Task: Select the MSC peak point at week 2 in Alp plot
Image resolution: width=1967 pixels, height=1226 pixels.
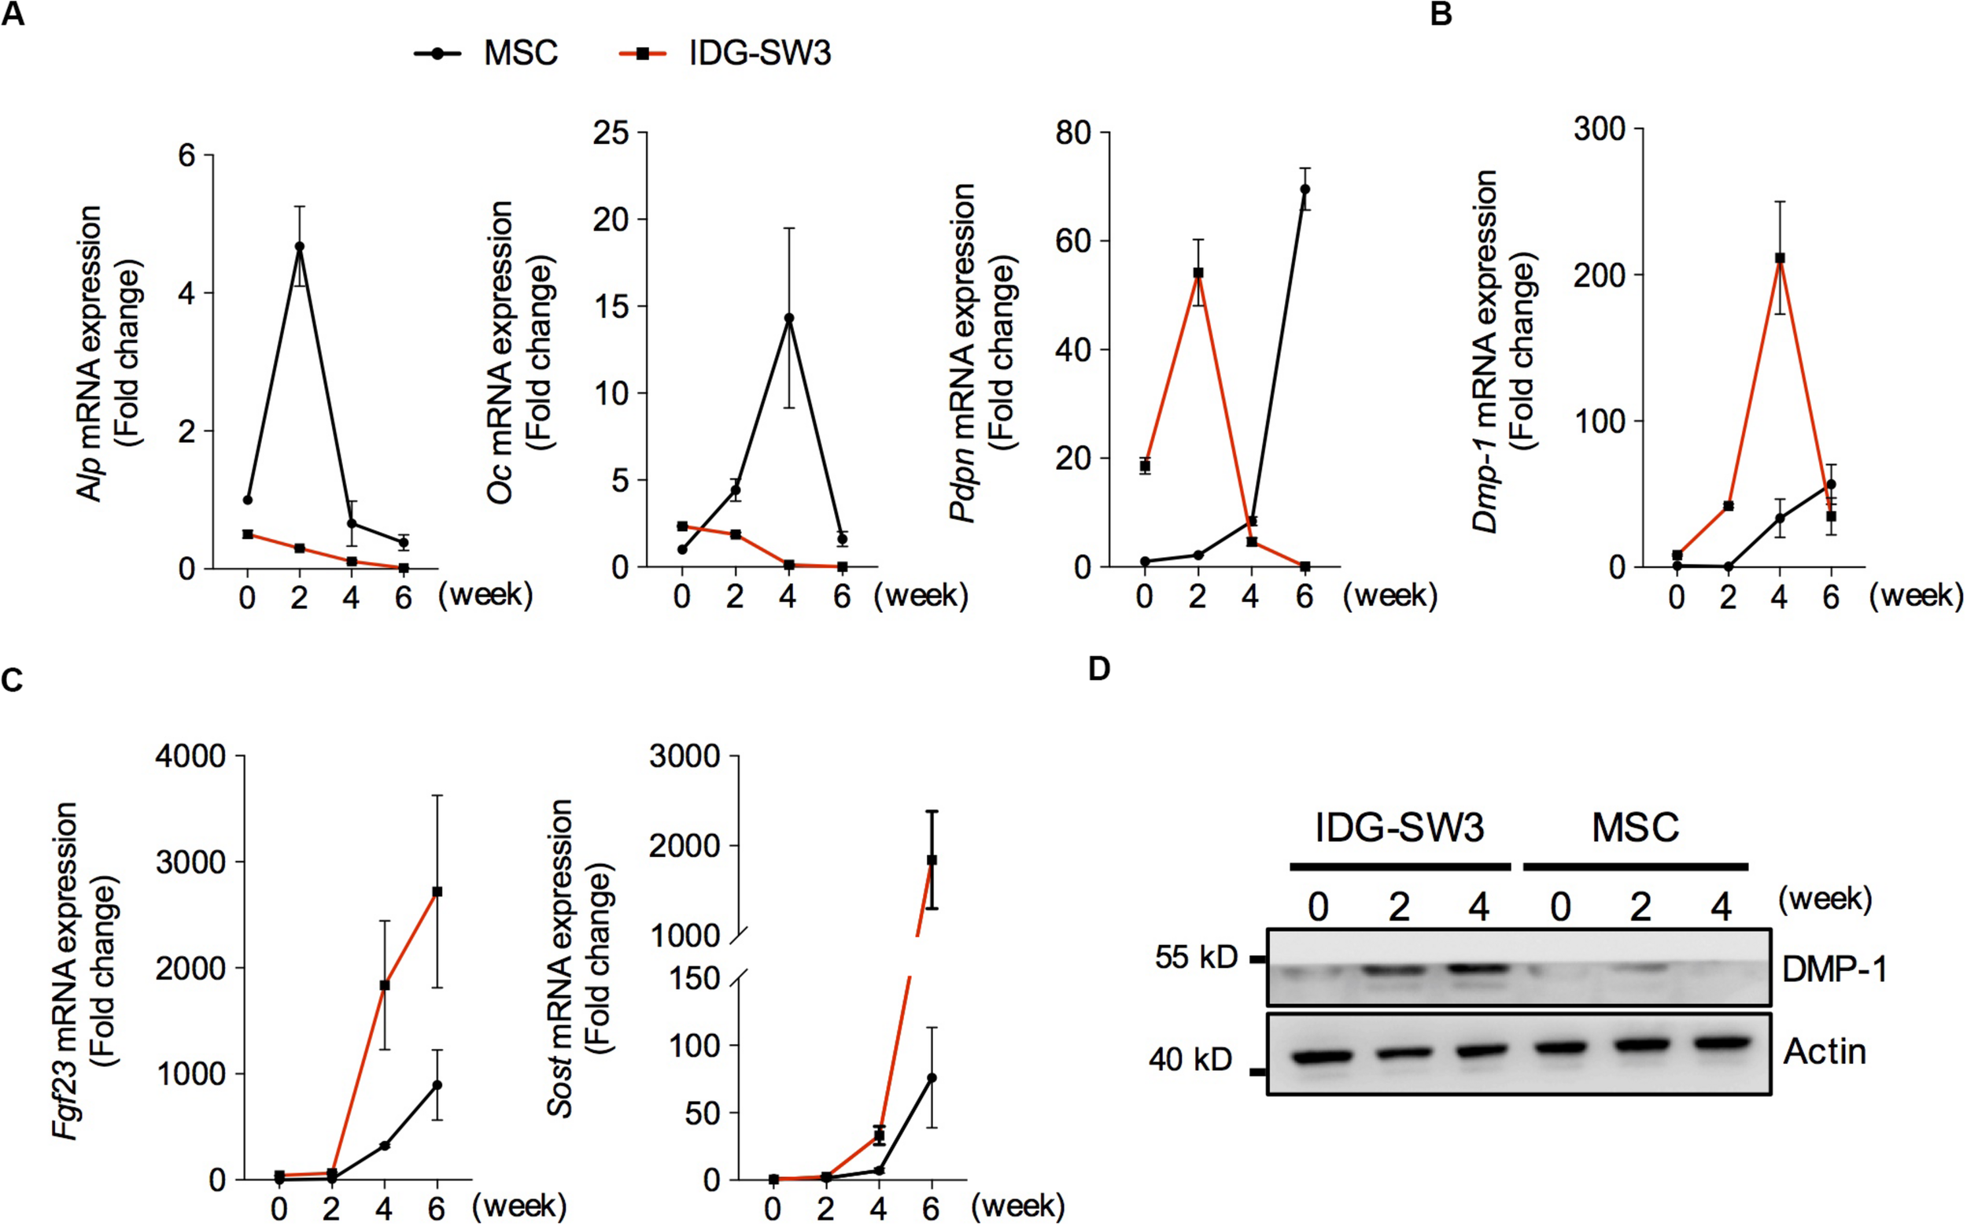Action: [x=299, y=246]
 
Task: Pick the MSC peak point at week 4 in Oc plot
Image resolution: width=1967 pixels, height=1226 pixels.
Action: [x=788, y=318]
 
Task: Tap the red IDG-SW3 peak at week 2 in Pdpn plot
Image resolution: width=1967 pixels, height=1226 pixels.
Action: [x=1198, y=272]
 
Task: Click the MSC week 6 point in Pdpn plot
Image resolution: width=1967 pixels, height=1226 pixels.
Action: [x=1305, y=189]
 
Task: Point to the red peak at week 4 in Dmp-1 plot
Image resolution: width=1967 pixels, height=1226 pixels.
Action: [x=1780, y=258]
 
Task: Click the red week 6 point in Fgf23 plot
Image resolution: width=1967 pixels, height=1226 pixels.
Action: [x=437, y=892]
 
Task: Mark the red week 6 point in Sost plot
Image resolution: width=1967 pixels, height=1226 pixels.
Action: [x=932, y=859]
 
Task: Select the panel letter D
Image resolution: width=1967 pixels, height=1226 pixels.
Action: [x=1098, y=669]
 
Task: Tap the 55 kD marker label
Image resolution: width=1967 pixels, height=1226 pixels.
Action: [x=1196, y=958]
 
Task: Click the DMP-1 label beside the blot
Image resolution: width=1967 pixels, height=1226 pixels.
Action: [x=1834, y=969]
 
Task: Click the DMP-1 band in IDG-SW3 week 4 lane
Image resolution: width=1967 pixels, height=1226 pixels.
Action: [x=1480, y=967]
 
